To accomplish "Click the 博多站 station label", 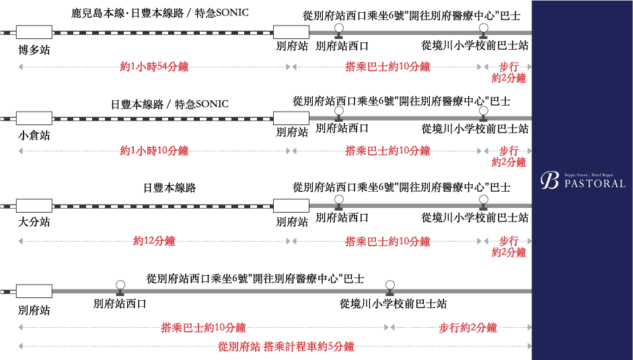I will click(x=34, y=50).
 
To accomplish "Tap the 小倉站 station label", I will click(x=34, y=135).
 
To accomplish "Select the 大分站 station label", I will click(x=34, y=221).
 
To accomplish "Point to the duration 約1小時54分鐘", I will click(x=154, y=67).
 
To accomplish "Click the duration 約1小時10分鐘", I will click(x=154, y=151).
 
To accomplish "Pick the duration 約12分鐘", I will click(x=154, y=240).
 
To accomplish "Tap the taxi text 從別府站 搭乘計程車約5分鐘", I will click(x=286, y=347).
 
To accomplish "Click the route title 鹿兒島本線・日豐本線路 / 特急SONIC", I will click(x=159, y=13).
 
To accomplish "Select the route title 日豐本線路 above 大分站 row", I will click(x=170, y=188).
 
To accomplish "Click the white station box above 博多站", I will click(x=34, y=32).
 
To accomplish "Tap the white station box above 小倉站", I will click(x=34, y=118).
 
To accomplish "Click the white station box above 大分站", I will click(x=34, y=205).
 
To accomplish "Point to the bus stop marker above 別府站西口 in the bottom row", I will click(x=120, y=287).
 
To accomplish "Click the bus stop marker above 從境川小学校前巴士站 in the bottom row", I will click(x=389, y=287).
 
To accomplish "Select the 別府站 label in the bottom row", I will click(x=34, y=310).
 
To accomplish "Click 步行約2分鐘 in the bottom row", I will click(x=468, y=328).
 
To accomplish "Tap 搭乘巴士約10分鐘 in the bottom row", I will click(x=203, y=328).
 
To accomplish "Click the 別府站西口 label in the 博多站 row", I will click(x=342, y=46).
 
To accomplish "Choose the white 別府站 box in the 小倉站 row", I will click(x=291, y=118).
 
